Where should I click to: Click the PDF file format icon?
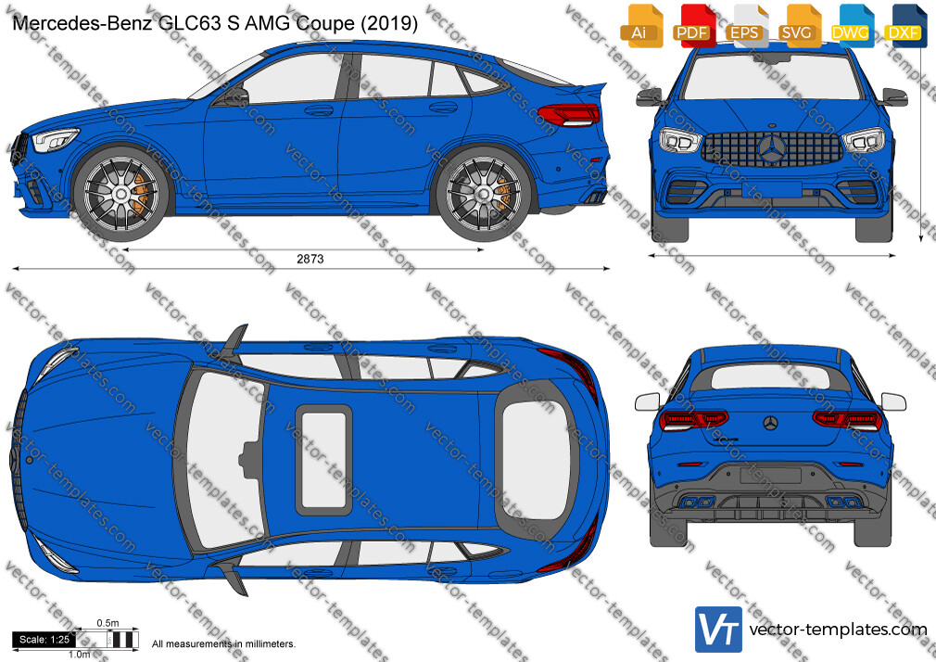pyautogui.click(x=692, y=26)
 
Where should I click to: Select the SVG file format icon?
pyautogui.click(x=798, y=26)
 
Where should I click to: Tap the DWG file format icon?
pyautogui.click(x=850, y=26)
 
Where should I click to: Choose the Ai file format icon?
pyautogui.click(x=640, y=26)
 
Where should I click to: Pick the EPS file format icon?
pyautogui.click(x=745, y=26)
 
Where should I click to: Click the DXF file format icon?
pyautogui.click(x=903, y=26)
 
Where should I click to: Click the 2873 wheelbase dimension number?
pyautogui.click(x=310, y=259)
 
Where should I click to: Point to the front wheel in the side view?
pyautogui.click(x=121, y=193)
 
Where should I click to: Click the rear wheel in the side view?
pyautogui.click(x=483, y=194)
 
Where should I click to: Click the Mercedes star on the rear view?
pyautogui.click(x=771, y=423)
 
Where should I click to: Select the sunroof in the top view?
pyautogui.click(x=324, y=460)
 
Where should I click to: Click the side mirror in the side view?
pyautogui.click(x=237, y=96)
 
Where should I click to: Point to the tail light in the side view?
pyautogui.click(x=568, y=114)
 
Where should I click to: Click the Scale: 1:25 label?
pyautogui.click(x=44, y=640)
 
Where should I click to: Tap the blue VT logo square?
pyautogui.click(x=719, y=630)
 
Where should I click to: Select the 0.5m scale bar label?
pyautogui.click(x=108, y=622)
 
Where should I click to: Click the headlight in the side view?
pyautogui.click(x=55, y=140)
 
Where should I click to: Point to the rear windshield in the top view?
pyautogui.click(x=534, y=460)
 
